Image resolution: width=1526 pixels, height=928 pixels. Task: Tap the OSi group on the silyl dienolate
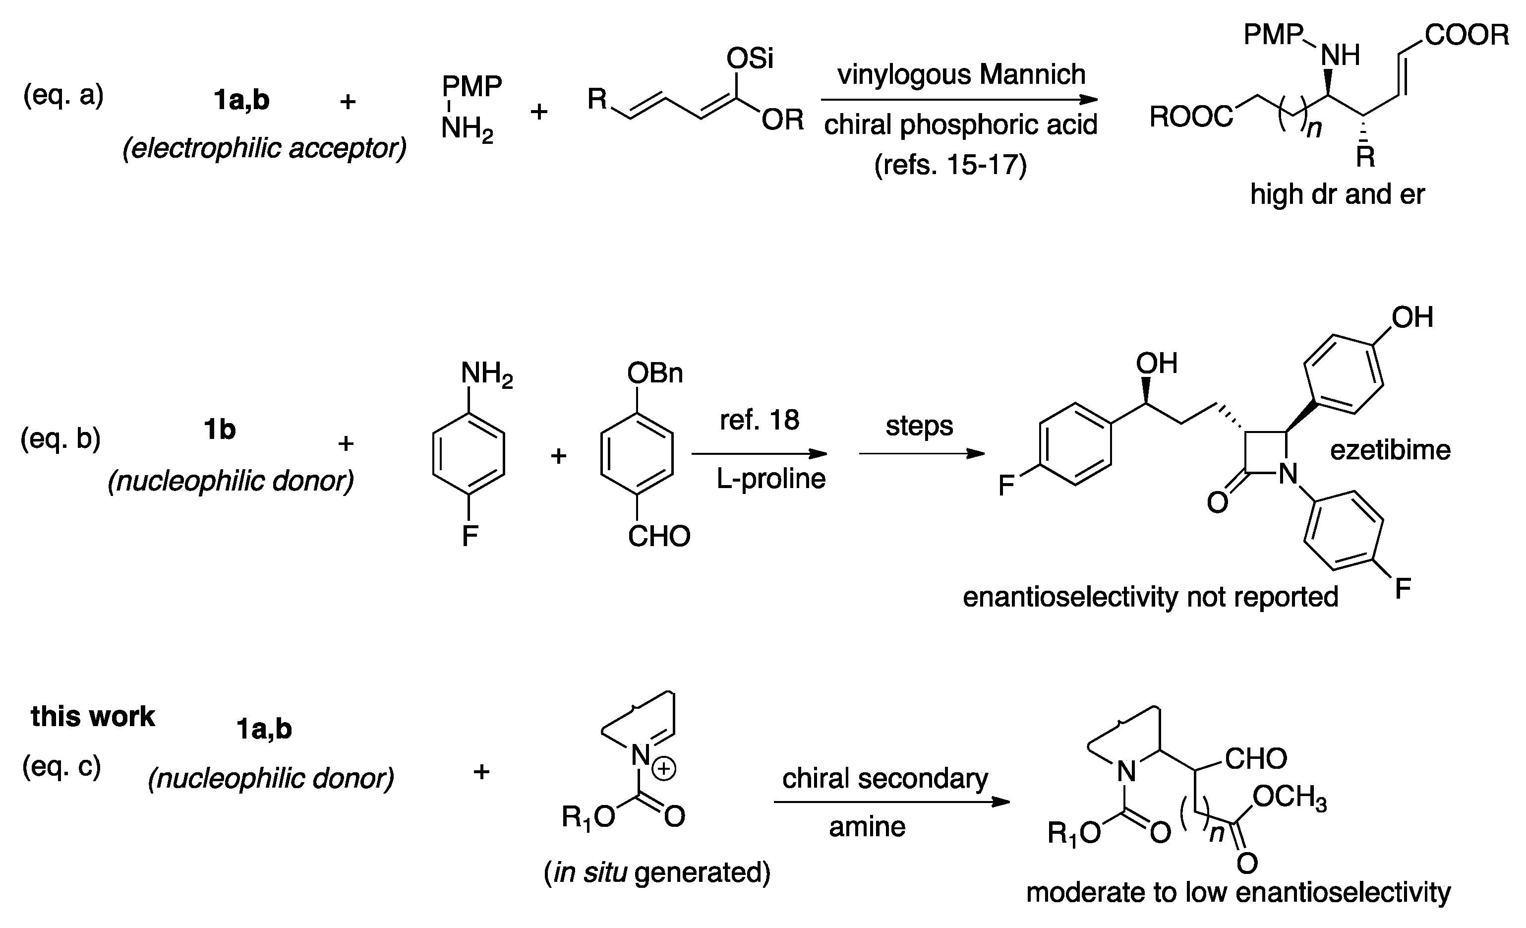click(x=750, y=59)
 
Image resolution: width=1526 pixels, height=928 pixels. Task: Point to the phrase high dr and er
click(x=1337, y=194)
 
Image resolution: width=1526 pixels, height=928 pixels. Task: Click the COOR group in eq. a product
click(x=1467, y=35)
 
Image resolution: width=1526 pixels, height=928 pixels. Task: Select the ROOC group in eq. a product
click(x=1191, y=117)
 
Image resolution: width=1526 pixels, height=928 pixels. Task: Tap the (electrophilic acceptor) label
click(x=264, y=149)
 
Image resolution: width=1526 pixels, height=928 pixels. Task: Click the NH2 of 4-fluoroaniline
click(x=486, y=374)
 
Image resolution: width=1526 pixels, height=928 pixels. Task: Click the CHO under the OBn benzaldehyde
click(x=658, y=537)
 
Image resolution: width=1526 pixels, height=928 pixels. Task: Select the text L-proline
click(x=770, y=479)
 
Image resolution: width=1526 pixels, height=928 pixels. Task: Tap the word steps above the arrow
click(x=919, y=426)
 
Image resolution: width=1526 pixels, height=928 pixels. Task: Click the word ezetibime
click(x=1390, y=450)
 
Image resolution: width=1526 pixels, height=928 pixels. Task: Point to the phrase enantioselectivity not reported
click(x=1150, y=597)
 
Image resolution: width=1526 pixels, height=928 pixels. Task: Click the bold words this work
click(x=93, y=717)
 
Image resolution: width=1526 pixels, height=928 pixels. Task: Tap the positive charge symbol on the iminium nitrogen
click(x=664, y=769)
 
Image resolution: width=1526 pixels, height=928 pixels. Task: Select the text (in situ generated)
click(x=656, y=873)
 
